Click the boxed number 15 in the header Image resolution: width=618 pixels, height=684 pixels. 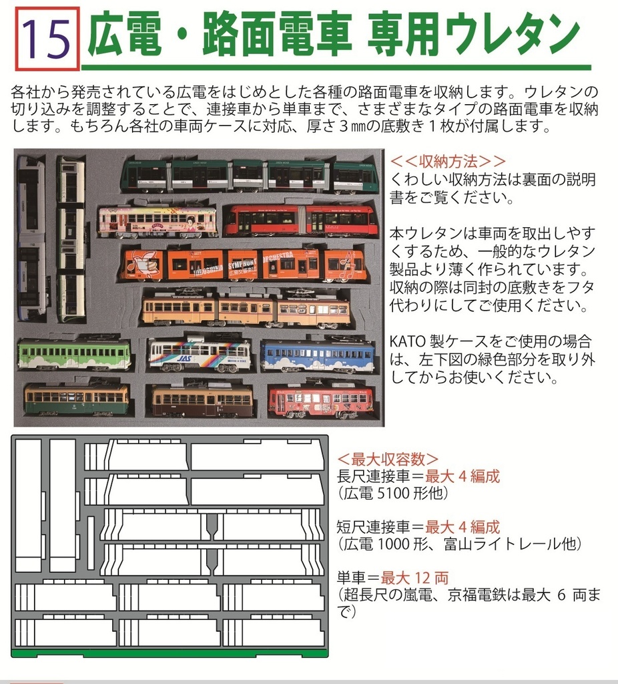[47, 39]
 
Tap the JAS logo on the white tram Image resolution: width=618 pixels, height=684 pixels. [184, 359]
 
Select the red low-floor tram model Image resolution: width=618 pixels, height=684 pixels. [302, 220]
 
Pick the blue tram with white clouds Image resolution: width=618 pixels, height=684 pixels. [317, 355]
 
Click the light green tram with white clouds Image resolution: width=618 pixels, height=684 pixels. [74, 353]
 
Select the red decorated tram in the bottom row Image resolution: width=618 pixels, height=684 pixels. [321, 401]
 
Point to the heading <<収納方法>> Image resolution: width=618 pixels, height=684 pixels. [448, 162]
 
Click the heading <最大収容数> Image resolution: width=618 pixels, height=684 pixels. [388, 460]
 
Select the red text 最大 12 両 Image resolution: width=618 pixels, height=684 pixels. [414, 578]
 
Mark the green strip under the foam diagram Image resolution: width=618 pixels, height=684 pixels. [170, 653]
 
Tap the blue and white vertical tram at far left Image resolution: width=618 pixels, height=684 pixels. [31, 238]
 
